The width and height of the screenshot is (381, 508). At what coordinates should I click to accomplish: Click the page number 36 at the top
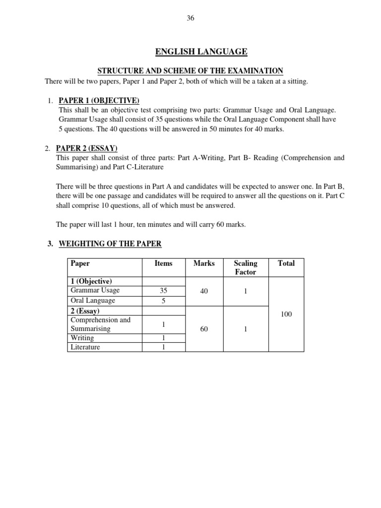190,18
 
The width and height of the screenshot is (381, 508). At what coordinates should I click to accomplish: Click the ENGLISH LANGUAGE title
201,52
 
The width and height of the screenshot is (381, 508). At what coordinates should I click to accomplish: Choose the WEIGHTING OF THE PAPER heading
110,244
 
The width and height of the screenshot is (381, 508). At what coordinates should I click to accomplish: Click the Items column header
163,263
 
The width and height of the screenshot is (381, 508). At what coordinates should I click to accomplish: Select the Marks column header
204,263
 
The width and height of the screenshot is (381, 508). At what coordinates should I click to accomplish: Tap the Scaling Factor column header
245,267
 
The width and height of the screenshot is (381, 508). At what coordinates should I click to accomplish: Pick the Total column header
286,263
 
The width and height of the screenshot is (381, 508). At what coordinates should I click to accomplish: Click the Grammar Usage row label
95,291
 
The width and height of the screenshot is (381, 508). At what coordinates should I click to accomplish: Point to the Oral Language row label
93,301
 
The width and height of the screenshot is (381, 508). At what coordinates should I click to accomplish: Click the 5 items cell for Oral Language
163,301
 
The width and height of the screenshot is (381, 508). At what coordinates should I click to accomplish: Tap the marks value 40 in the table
204,292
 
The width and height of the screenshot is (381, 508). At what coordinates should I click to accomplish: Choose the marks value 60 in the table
204,328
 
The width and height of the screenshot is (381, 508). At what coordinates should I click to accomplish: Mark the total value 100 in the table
286,315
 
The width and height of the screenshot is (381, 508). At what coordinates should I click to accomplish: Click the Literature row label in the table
85,347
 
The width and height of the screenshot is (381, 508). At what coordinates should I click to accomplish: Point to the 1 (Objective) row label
91,281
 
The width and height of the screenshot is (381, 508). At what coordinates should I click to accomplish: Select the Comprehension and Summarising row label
101,324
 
